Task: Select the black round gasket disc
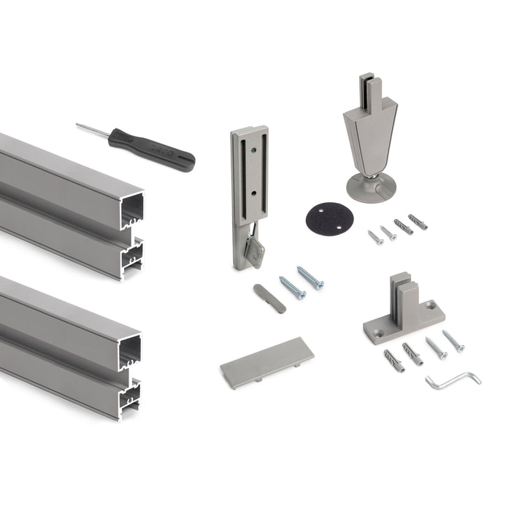pyautogui.click(x=322, y=217)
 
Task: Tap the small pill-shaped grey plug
pyautogui.click(x=269, y=298)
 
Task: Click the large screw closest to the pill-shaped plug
pyautogui.click(x=292, y=287)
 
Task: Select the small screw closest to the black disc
pyautogui.click(x=375, y=237)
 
